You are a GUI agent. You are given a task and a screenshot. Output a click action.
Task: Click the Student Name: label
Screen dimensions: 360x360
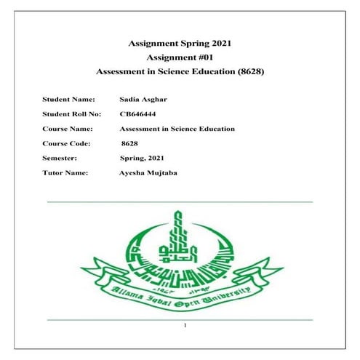[68, 97]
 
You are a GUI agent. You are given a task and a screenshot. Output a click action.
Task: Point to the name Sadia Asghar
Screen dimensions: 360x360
[143, 97]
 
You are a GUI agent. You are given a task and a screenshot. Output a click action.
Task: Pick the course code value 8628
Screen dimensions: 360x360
[130, 144]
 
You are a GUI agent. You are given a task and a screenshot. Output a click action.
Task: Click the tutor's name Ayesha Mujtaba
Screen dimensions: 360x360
[148, 173]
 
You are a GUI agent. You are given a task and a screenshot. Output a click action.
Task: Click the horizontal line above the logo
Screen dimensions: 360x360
[179, 201]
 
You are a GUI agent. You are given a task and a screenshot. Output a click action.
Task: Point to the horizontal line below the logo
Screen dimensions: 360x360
[179, 319]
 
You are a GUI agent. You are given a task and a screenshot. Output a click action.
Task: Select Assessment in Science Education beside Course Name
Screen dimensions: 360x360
[177, 129]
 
